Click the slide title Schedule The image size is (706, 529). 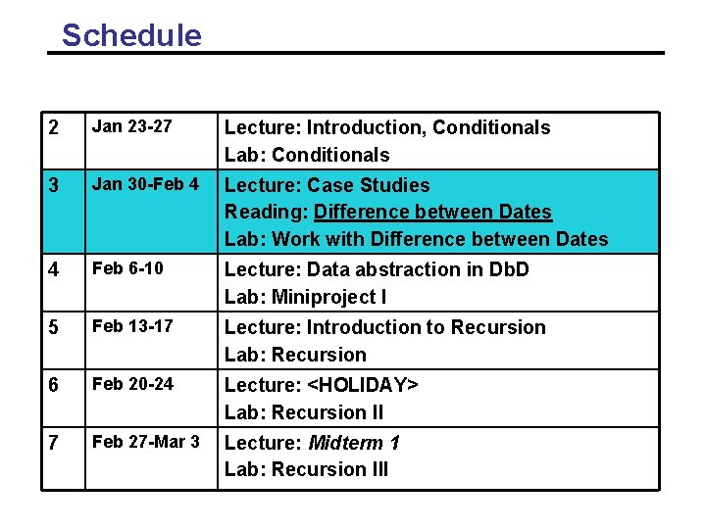[x=131, y=35]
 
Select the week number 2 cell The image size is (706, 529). [x=54, y=128]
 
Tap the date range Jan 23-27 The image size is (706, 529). [x=131, y=127]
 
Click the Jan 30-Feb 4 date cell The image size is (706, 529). [x=145, y=184]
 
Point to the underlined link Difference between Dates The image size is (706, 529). [x=432, y=212]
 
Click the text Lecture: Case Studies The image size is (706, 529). [x=327, y=185]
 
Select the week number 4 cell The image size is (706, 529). [x=54, y=270]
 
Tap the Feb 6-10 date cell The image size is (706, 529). [x=127, y=268]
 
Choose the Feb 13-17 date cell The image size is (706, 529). [x=131, y=326]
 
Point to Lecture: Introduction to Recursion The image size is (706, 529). [x=384, y=327]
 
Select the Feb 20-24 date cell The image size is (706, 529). [x=131, y=384]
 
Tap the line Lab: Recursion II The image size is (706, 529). [x=303, y=412]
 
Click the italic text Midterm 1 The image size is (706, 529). [x=354, y=443]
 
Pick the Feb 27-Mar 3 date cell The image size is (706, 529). [x=145, y=442]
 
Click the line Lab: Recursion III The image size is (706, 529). [x=306, y=469]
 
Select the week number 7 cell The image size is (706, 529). [x=54, y=444]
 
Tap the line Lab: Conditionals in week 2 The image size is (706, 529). [x=306, y=155]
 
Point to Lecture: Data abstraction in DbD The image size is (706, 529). [x=377, y=269]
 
